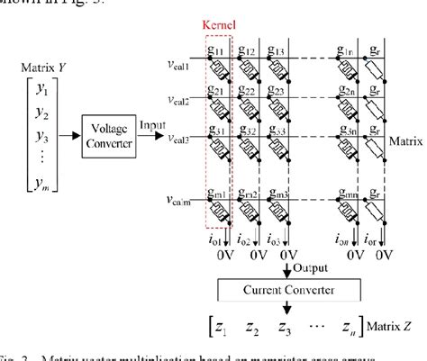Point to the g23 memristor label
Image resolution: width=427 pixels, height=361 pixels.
pos(284,91)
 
